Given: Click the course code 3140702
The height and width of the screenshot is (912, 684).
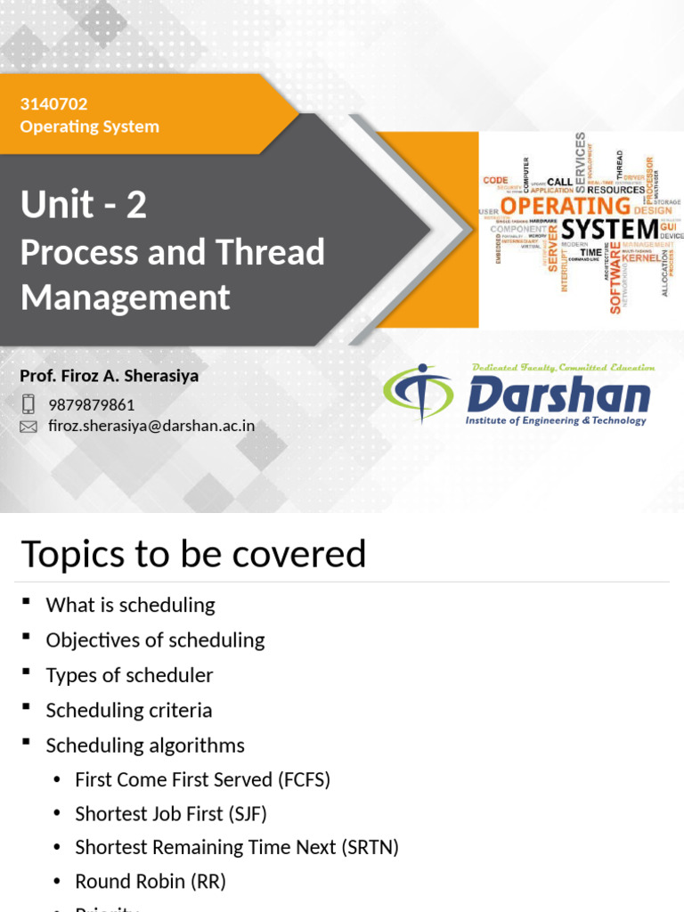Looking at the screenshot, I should [53, 104].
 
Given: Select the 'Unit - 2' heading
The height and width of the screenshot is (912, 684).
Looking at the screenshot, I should [84, 206].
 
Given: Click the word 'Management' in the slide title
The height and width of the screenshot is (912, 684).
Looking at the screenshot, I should [125, 297].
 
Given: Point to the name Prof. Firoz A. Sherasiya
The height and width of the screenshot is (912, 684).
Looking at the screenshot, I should [109, 376].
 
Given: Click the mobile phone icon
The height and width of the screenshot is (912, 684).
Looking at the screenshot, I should [28, 404].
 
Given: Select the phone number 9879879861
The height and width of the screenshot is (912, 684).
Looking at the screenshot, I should [92, 405].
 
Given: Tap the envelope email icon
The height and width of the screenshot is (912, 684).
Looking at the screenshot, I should [28, 427].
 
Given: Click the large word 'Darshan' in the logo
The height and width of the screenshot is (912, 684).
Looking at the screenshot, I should [558, 395].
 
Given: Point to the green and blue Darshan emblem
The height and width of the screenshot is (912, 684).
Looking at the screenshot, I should [417, 394].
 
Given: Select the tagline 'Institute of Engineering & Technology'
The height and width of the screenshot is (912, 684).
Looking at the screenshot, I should [556, 420].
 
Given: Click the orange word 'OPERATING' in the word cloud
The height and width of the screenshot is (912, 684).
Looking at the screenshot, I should [566, 206].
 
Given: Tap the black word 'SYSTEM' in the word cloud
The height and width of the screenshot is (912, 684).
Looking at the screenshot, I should [609, 230].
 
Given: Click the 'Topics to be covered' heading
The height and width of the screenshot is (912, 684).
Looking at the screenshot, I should [193, 554].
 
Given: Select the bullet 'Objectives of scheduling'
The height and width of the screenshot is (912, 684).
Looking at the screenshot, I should [155, 639].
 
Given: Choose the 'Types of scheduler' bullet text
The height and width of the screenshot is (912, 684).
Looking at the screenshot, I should [129, 675].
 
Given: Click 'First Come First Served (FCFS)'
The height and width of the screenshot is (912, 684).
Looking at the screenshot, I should [202, 779].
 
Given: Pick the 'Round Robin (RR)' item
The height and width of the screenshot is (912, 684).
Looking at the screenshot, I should [150, 882].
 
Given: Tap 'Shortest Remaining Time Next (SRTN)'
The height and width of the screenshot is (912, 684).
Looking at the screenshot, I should [236, 847].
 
